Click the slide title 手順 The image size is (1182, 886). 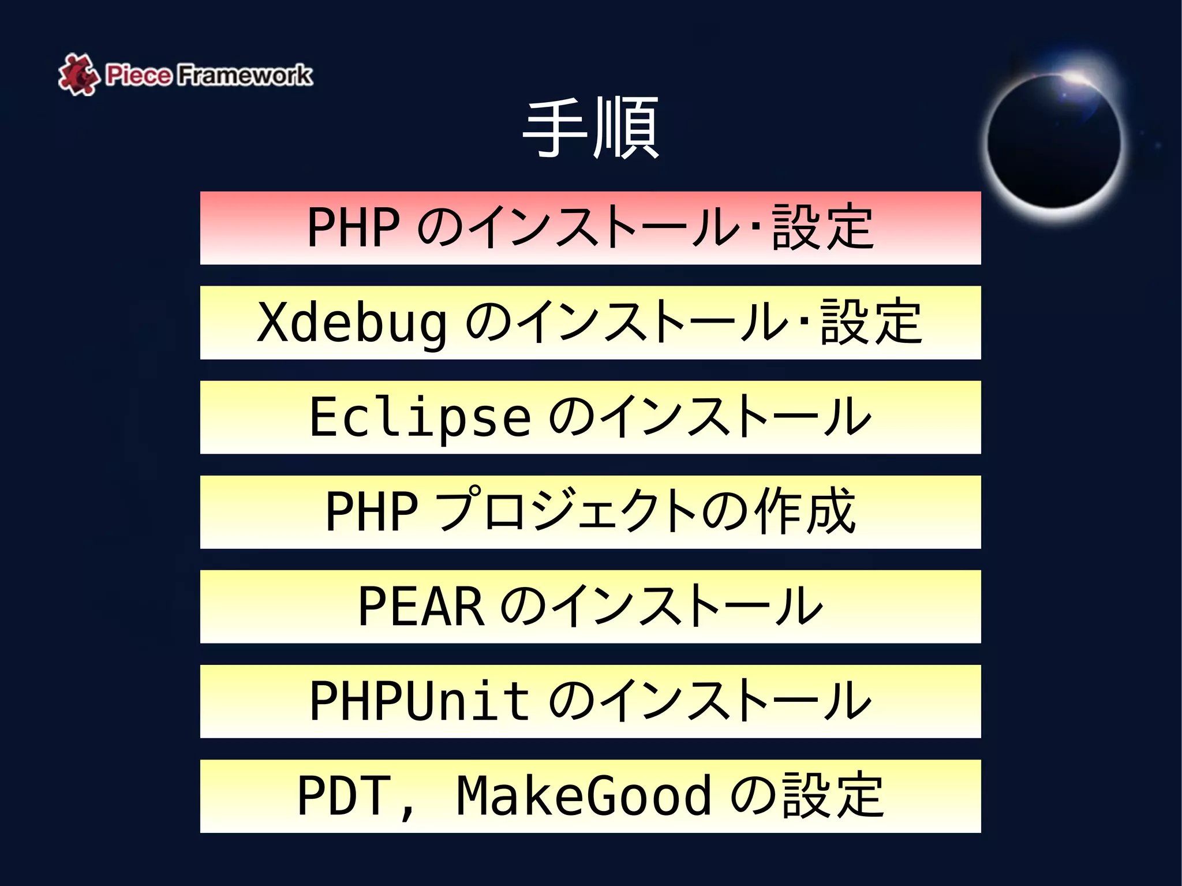[590, 128]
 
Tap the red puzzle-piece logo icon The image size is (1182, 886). [77, 74]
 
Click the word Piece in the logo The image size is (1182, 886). [139, 75]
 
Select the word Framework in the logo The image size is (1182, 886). [244, 75]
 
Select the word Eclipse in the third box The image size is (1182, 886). [420, 417]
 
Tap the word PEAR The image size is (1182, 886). [421, 606]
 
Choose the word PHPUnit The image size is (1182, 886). [420, 701]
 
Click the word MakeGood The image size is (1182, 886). [583, 796]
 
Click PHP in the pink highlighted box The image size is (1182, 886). [353, 227]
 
